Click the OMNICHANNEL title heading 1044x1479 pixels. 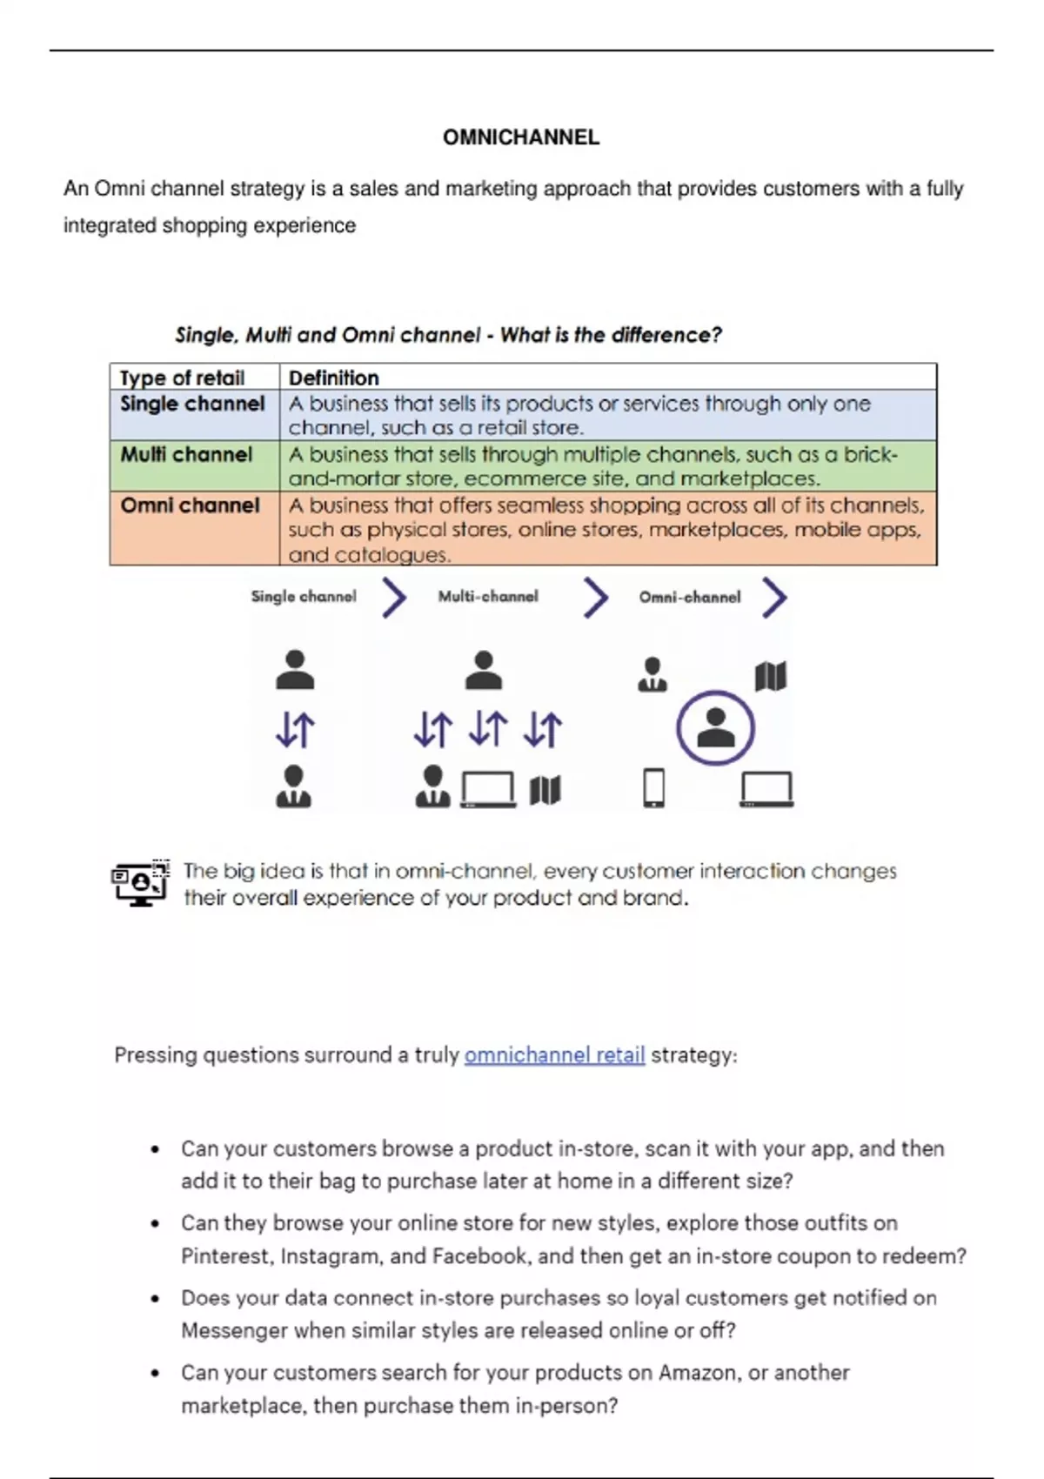click(x=521, y=137)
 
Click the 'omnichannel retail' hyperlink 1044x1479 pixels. click(x=555, y=1054)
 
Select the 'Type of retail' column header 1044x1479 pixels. click(x=182, y=378)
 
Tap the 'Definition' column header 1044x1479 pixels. click(x=333, y=378)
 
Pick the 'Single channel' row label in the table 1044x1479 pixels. click(x=192, y=404)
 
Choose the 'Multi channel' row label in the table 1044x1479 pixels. click(x=186, y=454)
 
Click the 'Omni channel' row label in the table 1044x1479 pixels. click(x=191, y=505)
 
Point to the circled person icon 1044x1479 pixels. click(x=715, y=728)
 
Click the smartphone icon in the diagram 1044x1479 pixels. click(x=653, y=787)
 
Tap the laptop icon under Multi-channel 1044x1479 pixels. click(x=488, y=789)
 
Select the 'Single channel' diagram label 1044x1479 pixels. click(x=304, y=597)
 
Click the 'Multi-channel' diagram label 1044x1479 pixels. click(x=488, y=597)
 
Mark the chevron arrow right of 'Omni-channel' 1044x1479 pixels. click(x=774, y=598)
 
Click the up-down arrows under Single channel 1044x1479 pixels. click(x=295, y=730)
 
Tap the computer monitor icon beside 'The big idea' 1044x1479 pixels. click(x=140, y=883)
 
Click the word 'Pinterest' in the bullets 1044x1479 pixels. click(x=227, y=1255)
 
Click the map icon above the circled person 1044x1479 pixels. click(x=771, y=676)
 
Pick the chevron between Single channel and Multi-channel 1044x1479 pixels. click(x=394, y=598)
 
